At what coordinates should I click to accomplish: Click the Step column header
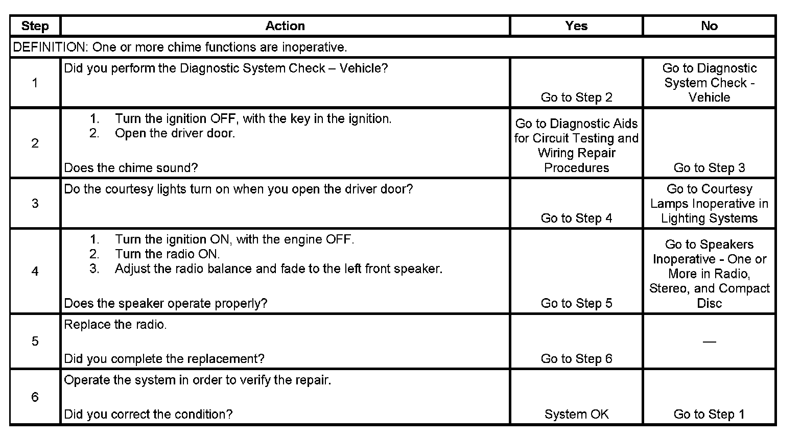click(x=35, y=26)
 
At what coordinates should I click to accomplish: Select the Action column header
click(x=285, y=26)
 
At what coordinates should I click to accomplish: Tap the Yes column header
click(x=576, y=26)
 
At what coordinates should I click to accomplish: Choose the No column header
click(x=709, y=26)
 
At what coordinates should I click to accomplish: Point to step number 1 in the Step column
click(x=35, y=83)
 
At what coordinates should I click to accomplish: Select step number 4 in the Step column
click(x=35, y=271)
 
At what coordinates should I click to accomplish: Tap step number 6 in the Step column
click(x=35, y=397)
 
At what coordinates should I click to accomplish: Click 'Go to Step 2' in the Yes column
click(x=576, y=98)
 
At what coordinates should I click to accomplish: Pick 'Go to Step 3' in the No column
click(x=709, y=168)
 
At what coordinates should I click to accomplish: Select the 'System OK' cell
click(x=576, y=415)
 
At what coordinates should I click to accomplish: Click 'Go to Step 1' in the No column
click(x=709, y=415)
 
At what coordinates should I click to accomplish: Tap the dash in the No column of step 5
click(x=709, y=342)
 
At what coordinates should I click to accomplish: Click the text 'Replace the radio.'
click(x=115, y=325)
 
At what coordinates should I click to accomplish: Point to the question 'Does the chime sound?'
click(x=131, y=168)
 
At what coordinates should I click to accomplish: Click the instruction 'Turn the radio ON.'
click(x=167, y=254)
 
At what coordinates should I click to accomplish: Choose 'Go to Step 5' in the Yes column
click(x=576, y=303)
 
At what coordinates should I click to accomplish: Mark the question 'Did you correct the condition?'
click(x=148, y=415)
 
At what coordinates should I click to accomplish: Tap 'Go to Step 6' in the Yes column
click(x=576, y=359)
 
